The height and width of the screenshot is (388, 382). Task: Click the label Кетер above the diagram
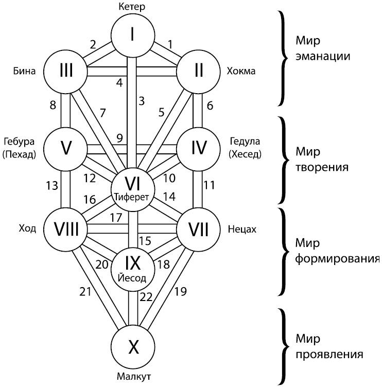tap(132, 7)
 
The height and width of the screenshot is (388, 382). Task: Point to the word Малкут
tap(133, 377)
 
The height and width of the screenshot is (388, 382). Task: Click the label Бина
tap(24, 71)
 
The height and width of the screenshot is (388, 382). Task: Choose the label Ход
tap(27, 228)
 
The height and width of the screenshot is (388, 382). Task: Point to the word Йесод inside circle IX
tap(133, 278)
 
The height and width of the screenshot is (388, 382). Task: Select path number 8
tap(53, 105)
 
